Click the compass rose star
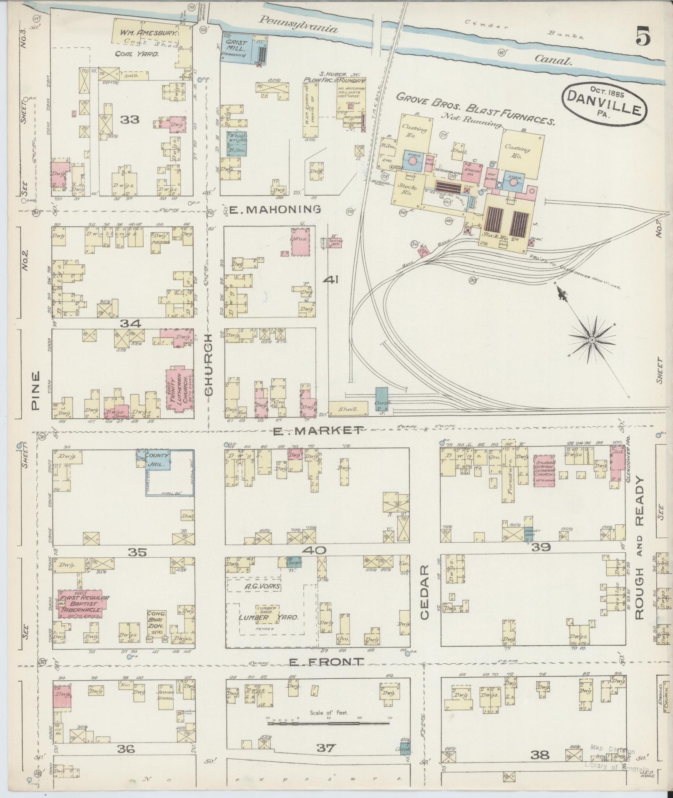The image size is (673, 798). click(x=592, y=341)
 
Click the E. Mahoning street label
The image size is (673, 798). click(x=275, y=210)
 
